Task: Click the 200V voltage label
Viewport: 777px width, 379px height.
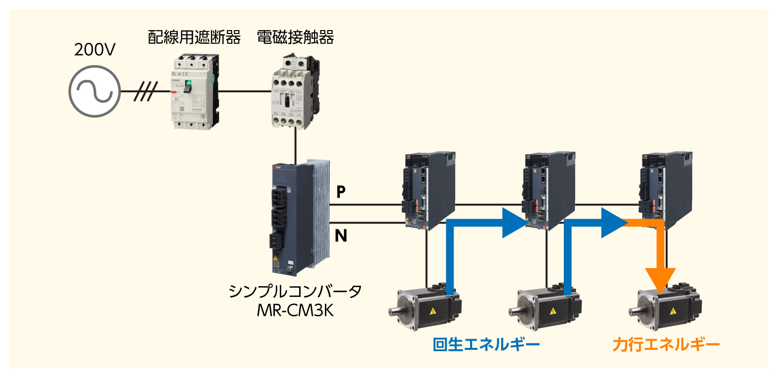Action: pos(95,50)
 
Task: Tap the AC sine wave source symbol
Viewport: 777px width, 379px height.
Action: pos(94,91)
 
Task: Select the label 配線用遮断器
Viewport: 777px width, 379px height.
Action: pos(194,37)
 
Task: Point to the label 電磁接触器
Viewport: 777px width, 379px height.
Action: pos(295,37)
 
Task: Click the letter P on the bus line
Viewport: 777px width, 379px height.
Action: pos(341,192)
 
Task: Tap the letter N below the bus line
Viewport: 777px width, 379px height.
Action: pos(341,236)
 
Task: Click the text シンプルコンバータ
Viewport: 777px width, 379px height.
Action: pos(295,291)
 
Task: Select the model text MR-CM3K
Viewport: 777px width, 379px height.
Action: pos(295,310)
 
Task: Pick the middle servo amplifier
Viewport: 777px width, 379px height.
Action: pos(548,189)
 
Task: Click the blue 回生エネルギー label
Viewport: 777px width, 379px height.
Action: pos(486,345)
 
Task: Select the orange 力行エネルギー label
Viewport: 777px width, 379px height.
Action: pos(666,345)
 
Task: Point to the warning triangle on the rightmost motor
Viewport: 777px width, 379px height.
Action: pos(673,311)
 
